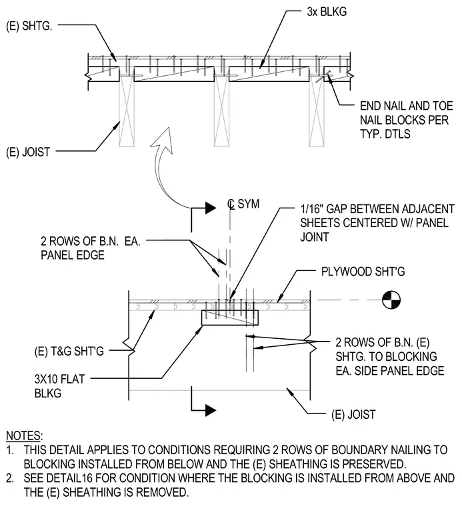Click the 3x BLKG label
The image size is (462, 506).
[x=327, y=11]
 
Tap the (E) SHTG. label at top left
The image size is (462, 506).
[x=29, y=26]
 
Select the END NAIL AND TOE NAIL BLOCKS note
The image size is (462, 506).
[x=407, y=120]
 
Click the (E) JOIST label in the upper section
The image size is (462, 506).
[x=28, y=152]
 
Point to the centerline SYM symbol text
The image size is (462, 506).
[x=243, y=204]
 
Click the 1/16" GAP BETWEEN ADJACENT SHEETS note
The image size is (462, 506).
[x=377, y=223]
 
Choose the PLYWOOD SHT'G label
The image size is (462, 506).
[x=363, y=272]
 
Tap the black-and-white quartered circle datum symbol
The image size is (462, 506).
[x=391, y=300]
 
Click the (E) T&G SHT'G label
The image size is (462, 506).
[x=69, y=351]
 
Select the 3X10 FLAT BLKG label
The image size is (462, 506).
[x=59, y=386]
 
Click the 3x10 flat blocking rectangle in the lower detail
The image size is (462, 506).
[x=230, y=318]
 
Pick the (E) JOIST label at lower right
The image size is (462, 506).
[x=353, y=414]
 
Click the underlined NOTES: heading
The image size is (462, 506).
[x=24, y=435]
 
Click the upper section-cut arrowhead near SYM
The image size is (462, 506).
[x=211, y=208]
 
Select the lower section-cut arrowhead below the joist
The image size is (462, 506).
[x=211, y=410]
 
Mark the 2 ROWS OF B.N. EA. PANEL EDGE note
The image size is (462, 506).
[x=91, y=248]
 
